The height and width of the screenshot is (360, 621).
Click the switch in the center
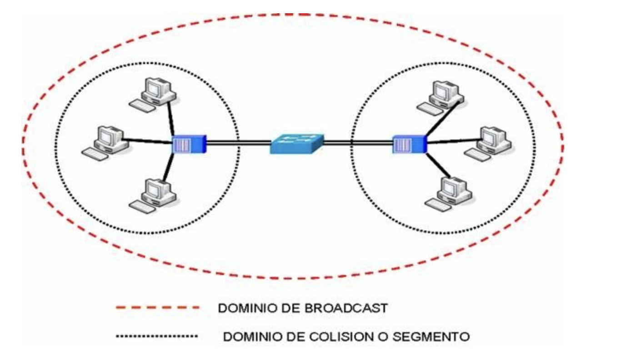[297, 143]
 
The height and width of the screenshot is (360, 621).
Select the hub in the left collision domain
[189, 145]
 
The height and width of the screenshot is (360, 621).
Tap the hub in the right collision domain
[409, 145]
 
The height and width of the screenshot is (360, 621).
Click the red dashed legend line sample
[157, 308]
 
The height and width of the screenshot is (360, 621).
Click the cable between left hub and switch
[239, 144]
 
